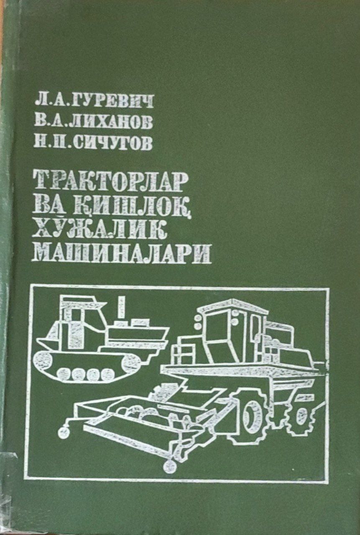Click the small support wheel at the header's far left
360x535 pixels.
tap(64, 433)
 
